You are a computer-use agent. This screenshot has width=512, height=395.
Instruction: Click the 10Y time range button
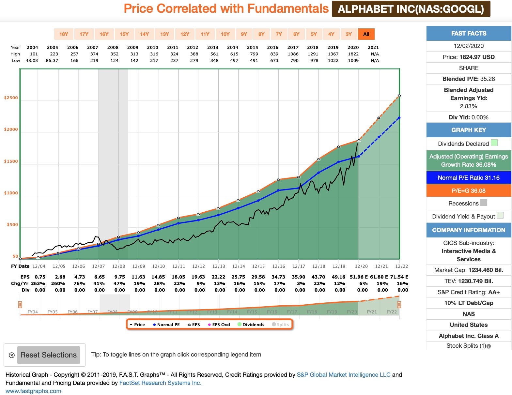click(x=225, y=34)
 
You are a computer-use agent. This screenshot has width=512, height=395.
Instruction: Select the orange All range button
click(x=366, y=34)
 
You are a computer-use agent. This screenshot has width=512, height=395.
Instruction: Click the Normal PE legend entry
click(x=166, y=325)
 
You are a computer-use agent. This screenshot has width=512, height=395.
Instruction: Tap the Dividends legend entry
click(x=251, y=325)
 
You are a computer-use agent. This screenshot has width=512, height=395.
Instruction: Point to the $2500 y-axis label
click(x=11, y=98)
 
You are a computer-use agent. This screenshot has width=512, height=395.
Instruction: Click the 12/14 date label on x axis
click(x=239, y=266)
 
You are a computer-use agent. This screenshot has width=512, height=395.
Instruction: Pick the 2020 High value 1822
click(x=353, y=54)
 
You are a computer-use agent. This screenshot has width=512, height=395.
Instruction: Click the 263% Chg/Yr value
click(x=38, y=283)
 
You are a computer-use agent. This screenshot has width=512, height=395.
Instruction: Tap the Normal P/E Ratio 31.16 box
click(x=469, y=178)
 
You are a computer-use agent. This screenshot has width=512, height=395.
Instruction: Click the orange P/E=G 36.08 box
click(x=469, y=191)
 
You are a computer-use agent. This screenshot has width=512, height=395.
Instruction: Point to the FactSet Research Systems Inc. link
click(x=160, y=383)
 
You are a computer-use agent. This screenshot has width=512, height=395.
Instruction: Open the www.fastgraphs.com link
click(x=33, y=391)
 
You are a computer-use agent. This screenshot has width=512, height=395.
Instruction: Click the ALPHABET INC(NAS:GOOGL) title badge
click(x=411, y=9)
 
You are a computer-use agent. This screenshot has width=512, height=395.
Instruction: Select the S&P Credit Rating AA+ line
click(x=469, y=292)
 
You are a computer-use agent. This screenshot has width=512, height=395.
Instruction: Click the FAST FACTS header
click(x=469, y=34)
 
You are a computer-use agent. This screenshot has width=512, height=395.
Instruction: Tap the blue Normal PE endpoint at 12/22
click(x=399, y=118)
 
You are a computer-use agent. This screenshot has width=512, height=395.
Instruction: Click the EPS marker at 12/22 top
click(x=399, y=96)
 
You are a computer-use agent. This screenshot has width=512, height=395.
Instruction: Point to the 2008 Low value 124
click(x=114, y=61)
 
